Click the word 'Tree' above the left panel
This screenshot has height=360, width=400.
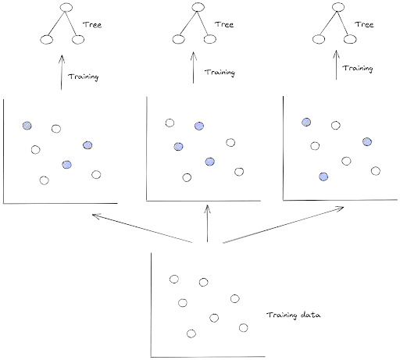click(x=93, y=24)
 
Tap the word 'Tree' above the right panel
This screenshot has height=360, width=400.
click(x=364, y=24)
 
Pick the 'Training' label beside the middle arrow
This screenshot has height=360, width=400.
click(x=220, y=73)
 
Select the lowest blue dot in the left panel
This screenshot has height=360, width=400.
click(x=67, y=163)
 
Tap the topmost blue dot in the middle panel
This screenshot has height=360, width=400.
click(x=199, y=125)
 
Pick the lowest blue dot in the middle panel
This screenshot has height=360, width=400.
click(x=209, y=162)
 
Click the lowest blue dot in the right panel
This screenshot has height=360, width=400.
click(x=323, y=176)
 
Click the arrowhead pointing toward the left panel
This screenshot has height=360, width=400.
click(x=95, y=215)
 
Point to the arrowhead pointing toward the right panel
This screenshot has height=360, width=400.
click(x=342, y=208)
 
